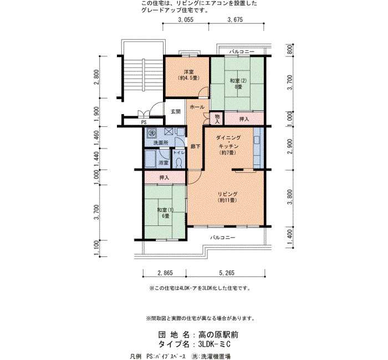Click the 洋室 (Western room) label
click(188, 75)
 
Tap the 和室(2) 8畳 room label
click(238, 84)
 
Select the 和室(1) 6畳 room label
click(166, 213)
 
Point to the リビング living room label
click(227, 197)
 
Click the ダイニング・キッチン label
click(228, 145)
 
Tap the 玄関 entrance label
click(176, 111)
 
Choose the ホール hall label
click(197, 107)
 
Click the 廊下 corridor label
click(196, 146)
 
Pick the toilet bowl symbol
click(178, 162)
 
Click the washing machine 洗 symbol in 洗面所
click(151, 132)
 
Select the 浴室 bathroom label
click(164, 163)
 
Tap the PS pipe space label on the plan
click(144, 122)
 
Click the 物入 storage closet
click(217, 119)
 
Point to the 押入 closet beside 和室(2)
click(244, 119)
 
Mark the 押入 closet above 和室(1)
click(164, 178)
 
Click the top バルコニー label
click(242, 52)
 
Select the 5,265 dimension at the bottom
click(226, 272)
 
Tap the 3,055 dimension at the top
click(186, 19)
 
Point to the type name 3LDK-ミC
click(215, 344)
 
